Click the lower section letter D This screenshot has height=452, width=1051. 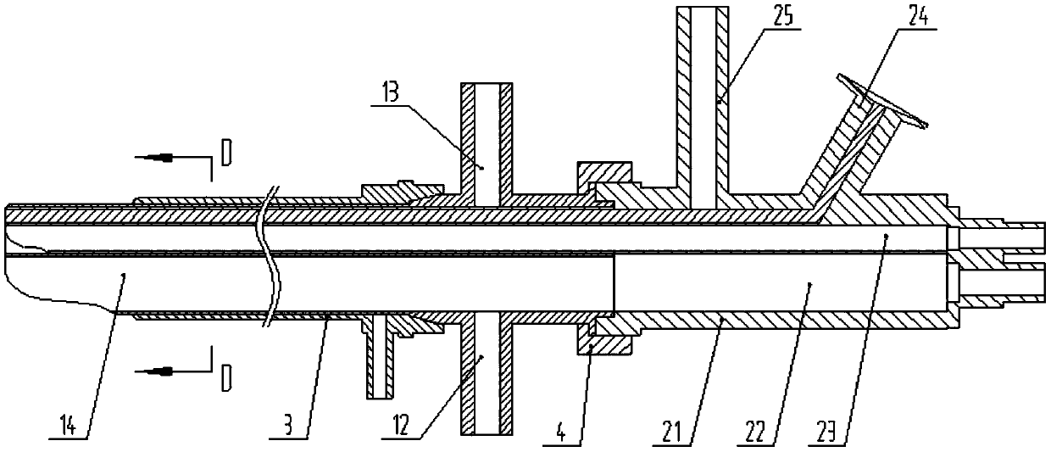pyautogui.click(x=225, y=378)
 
